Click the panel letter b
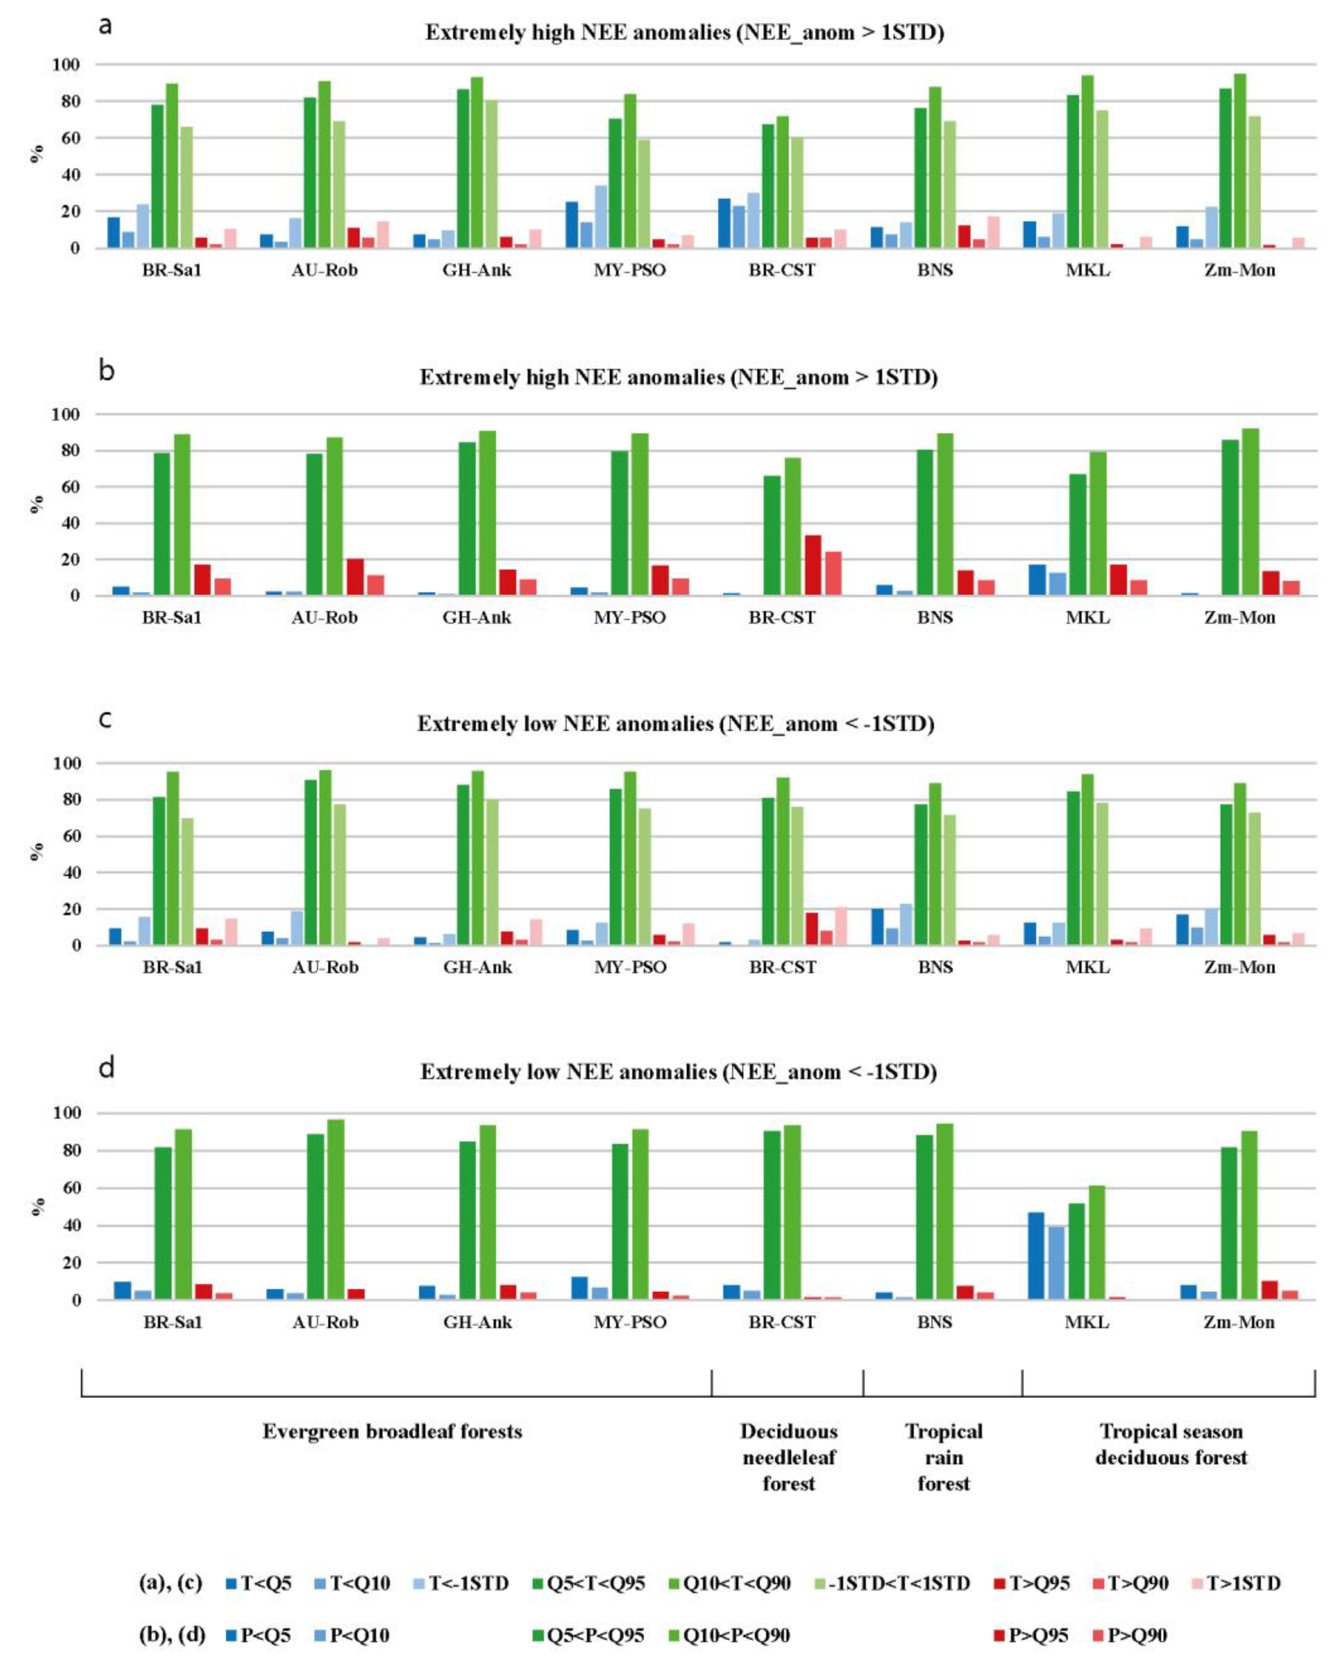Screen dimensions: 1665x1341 point(107,371)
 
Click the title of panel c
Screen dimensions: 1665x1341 point(676,724)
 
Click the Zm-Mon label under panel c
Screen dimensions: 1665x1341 point(1239,966)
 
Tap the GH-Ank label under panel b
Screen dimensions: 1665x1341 point(477,617)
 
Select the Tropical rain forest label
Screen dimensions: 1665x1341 point(943,1457)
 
